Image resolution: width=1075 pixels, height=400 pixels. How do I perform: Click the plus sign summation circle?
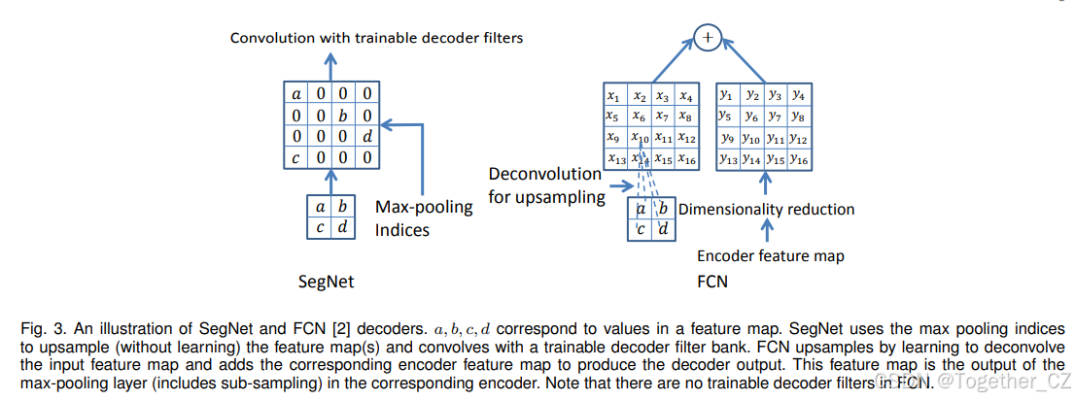708,38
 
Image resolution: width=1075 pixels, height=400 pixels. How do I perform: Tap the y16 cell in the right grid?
798,159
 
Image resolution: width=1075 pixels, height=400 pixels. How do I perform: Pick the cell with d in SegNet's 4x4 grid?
366,136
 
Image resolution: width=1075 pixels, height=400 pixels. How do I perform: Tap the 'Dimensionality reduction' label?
766,209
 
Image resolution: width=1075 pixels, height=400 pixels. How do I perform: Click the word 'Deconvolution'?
545,174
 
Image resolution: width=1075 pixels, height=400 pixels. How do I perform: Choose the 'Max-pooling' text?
424,208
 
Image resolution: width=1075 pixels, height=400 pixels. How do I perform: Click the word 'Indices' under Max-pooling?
402,231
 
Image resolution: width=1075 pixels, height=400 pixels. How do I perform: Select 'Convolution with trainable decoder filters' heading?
376,38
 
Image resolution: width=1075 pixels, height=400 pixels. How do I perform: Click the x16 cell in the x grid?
686,159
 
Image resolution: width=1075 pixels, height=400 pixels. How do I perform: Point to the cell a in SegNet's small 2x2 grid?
320,207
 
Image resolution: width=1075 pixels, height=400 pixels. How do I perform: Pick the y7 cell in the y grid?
775,117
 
